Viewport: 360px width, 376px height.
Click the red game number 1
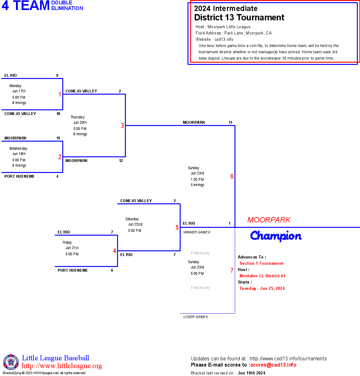click(x=60, y=94)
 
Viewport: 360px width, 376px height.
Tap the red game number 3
click(x=122, y=126)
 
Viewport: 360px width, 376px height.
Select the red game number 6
click(x=232, y=176)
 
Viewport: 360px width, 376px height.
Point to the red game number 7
click(x=232, y=270)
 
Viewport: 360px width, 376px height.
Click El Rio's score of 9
click(x=57, y=76)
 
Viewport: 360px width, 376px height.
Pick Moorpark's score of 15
click(x=58, y=138)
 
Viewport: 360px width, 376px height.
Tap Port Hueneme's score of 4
click(x=57, y=176)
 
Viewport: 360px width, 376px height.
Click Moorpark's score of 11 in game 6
click(x=230, y=123)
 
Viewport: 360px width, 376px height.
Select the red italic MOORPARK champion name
click(x=269, y=220)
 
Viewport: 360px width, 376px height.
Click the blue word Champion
click(x=276, y=236)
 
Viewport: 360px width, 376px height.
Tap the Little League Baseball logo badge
click(x=11, y=362)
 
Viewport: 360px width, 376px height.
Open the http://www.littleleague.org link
click(x=62, y=366)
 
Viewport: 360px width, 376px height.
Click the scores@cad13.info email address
click(x=273, y=365)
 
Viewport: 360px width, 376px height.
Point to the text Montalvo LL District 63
click(x=262, y=276)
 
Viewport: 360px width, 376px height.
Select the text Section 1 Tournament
click(x=261, y=264)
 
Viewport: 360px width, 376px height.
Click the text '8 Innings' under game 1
click(x=19, y=103)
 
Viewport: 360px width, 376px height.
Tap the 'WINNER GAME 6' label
click(x=197, y=232)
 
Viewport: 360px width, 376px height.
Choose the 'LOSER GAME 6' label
click(x=195, y=317)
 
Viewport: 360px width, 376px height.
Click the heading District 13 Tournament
click(x=239, y=18)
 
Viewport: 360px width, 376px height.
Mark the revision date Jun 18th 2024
click(x=251, y=373)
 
